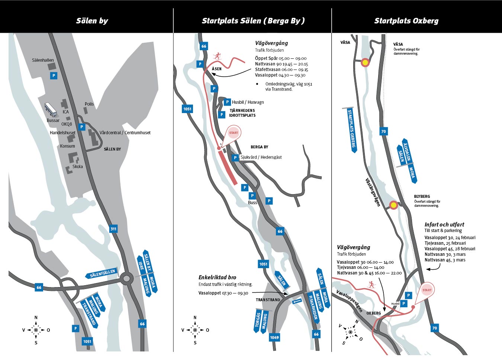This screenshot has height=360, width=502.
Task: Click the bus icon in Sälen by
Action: (x=51, y=110)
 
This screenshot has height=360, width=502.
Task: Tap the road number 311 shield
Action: (x=113, y=229)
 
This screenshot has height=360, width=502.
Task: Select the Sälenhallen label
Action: (x=43, y=60)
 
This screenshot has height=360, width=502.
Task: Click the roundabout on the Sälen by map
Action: (x=126, y=279)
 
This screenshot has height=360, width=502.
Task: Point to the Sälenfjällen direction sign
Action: (x=102, y=273)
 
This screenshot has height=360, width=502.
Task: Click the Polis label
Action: (x=89, y=104)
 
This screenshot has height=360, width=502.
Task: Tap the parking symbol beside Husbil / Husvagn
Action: (x=227, y=102)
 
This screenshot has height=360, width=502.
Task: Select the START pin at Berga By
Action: (x=233, y=134)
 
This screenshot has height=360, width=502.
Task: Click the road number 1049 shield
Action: (x=274, y=337)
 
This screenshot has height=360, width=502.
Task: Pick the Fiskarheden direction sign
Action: (x=313, y=308)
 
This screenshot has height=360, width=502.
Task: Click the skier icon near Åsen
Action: (x=217, y=56)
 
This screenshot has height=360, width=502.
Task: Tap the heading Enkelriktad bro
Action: (x=217, y=277)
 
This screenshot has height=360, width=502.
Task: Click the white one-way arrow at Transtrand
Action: (x=297, y=302)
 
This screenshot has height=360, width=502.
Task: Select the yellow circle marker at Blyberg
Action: (x=393, y=205)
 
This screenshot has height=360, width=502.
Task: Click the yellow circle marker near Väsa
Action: (x=365, y=62)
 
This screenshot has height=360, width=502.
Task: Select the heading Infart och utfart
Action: (x=444, y=224)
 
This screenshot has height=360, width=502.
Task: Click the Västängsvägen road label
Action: (x=373, y=192)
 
